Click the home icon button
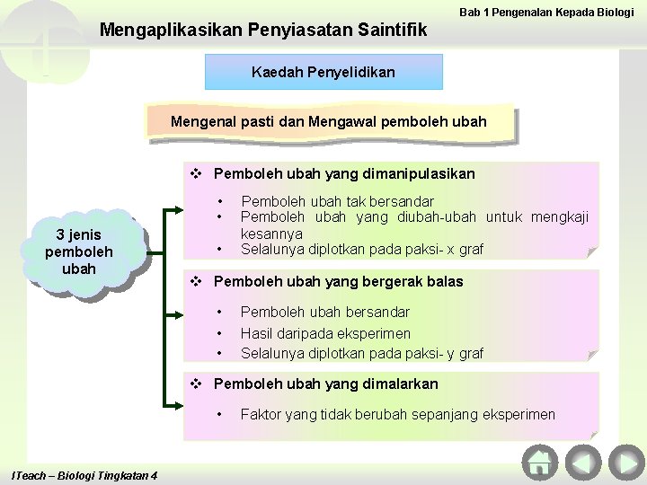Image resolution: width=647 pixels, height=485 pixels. point(539,463)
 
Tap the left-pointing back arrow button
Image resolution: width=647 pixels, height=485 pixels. point(582,463)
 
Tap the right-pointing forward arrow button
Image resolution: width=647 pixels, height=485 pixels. point(625,463)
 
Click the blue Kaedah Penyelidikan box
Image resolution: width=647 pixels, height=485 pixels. point(323,71)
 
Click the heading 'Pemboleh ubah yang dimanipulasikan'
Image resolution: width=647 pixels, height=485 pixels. point(345,173)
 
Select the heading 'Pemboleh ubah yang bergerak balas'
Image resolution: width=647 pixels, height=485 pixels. point(339,281)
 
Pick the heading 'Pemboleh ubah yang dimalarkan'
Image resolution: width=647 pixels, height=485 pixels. point(326,384)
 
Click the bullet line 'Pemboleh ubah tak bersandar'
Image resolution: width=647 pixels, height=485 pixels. point(338,201)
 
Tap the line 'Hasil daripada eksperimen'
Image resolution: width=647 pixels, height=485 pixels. point(325,333)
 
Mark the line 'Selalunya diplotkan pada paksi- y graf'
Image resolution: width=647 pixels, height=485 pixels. point(361,354)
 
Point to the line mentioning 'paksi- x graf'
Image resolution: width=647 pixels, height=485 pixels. point(362,249)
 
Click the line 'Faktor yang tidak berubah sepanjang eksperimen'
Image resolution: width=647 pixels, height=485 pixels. point(397,414)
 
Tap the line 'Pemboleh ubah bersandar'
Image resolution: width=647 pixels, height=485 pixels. point(325,312)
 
